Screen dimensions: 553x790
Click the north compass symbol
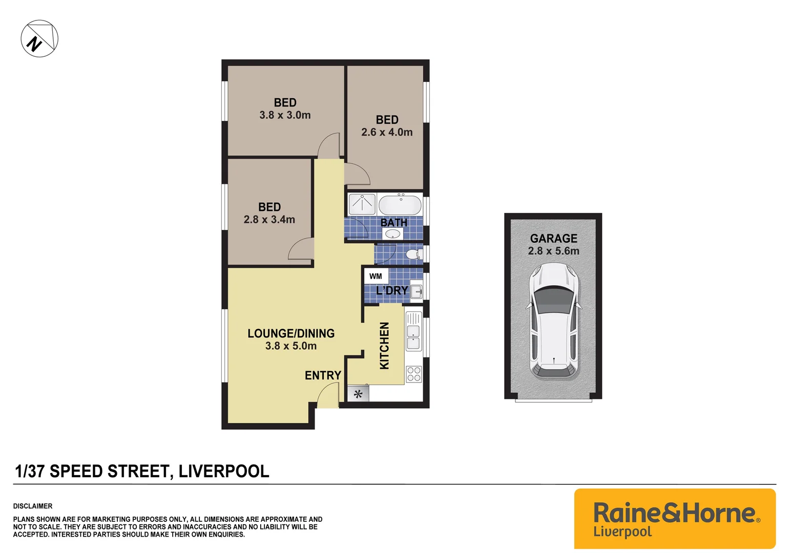(39, 39)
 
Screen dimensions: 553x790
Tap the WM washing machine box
(376, 276)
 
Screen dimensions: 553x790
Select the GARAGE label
(553, 239)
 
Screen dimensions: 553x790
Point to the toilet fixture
(412, 254)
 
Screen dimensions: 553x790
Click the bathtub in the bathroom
(400, 205)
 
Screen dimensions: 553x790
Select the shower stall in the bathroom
(362, 204)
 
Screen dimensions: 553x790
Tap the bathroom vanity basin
(392, 235)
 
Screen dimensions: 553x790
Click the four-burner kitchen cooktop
(413, 374)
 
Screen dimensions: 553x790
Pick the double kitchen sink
(413, 331)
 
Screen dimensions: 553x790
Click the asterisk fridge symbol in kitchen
(358, 394)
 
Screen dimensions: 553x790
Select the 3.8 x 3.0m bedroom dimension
(285, 115)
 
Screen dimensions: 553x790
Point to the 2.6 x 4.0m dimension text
(387, 132)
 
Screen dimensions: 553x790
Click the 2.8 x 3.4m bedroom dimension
(269, 220)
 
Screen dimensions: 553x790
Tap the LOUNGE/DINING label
(291, 333)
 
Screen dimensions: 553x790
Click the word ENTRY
(323, 375)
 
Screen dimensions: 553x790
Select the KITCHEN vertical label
(384, 346)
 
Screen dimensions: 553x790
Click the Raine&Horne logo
(675, 518)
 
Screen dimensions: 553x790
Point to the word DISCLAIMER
(33, 506)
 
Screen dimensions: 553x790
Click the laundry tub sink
(417, 292)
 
